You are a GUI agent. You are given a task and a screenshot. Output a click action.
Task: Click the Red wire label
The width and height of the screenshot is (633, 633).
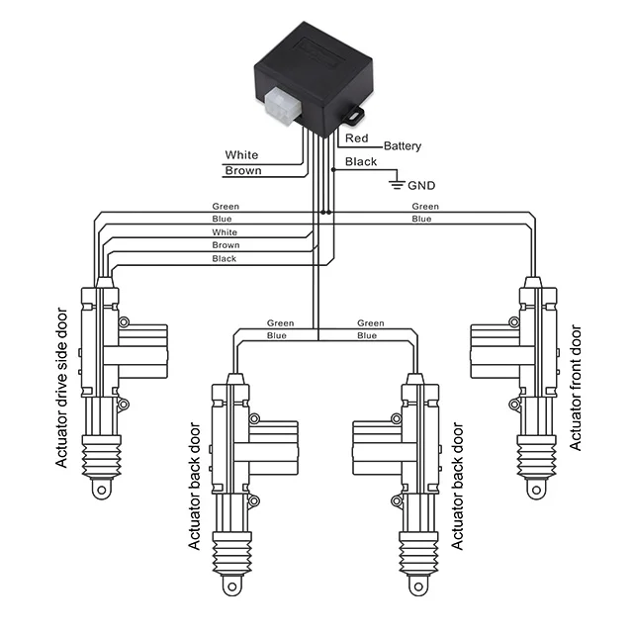[356, 139]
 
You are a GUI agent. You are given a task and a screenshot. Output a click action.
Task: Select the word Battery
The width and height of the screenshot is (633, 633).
[402, 146]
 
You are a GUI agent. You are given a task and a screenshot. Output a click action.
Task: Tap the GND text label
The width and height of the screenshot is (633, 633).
[420, 184]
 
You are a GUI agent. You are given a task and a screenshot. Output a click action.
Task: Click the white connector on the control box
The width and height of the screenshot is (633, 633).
[279, 103]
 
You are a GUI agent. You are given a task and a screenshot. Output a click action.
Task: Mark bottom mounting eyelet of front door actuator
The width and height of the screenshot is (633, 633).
[536, 488]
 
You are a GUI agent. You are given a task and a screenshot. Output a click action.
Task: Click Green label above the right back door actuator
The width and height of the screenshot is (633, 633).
[371, 323]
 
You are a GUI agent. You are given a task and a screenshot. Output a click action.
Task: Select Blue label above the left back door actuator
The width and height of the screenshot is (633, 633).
[278, 335]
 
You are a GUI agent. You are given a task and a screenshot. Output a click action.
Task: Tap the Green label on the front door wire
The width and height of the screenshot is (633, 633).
[425, 207]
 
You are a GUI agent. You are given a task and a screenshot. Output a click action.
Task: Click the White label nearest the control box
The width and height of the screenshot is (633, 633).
[241, 155]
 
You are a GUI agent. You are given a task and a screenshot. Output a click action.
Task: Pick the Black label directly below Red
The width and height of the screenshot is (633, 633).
[360, 162]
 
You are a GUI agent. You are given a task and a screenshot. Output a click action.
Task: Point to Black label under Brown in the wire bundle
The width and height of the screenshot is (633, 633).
[225, 258]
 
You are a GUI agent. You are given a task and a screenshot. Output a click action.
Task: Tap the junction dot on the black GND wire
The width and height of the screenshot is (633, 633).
[334, 170]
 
